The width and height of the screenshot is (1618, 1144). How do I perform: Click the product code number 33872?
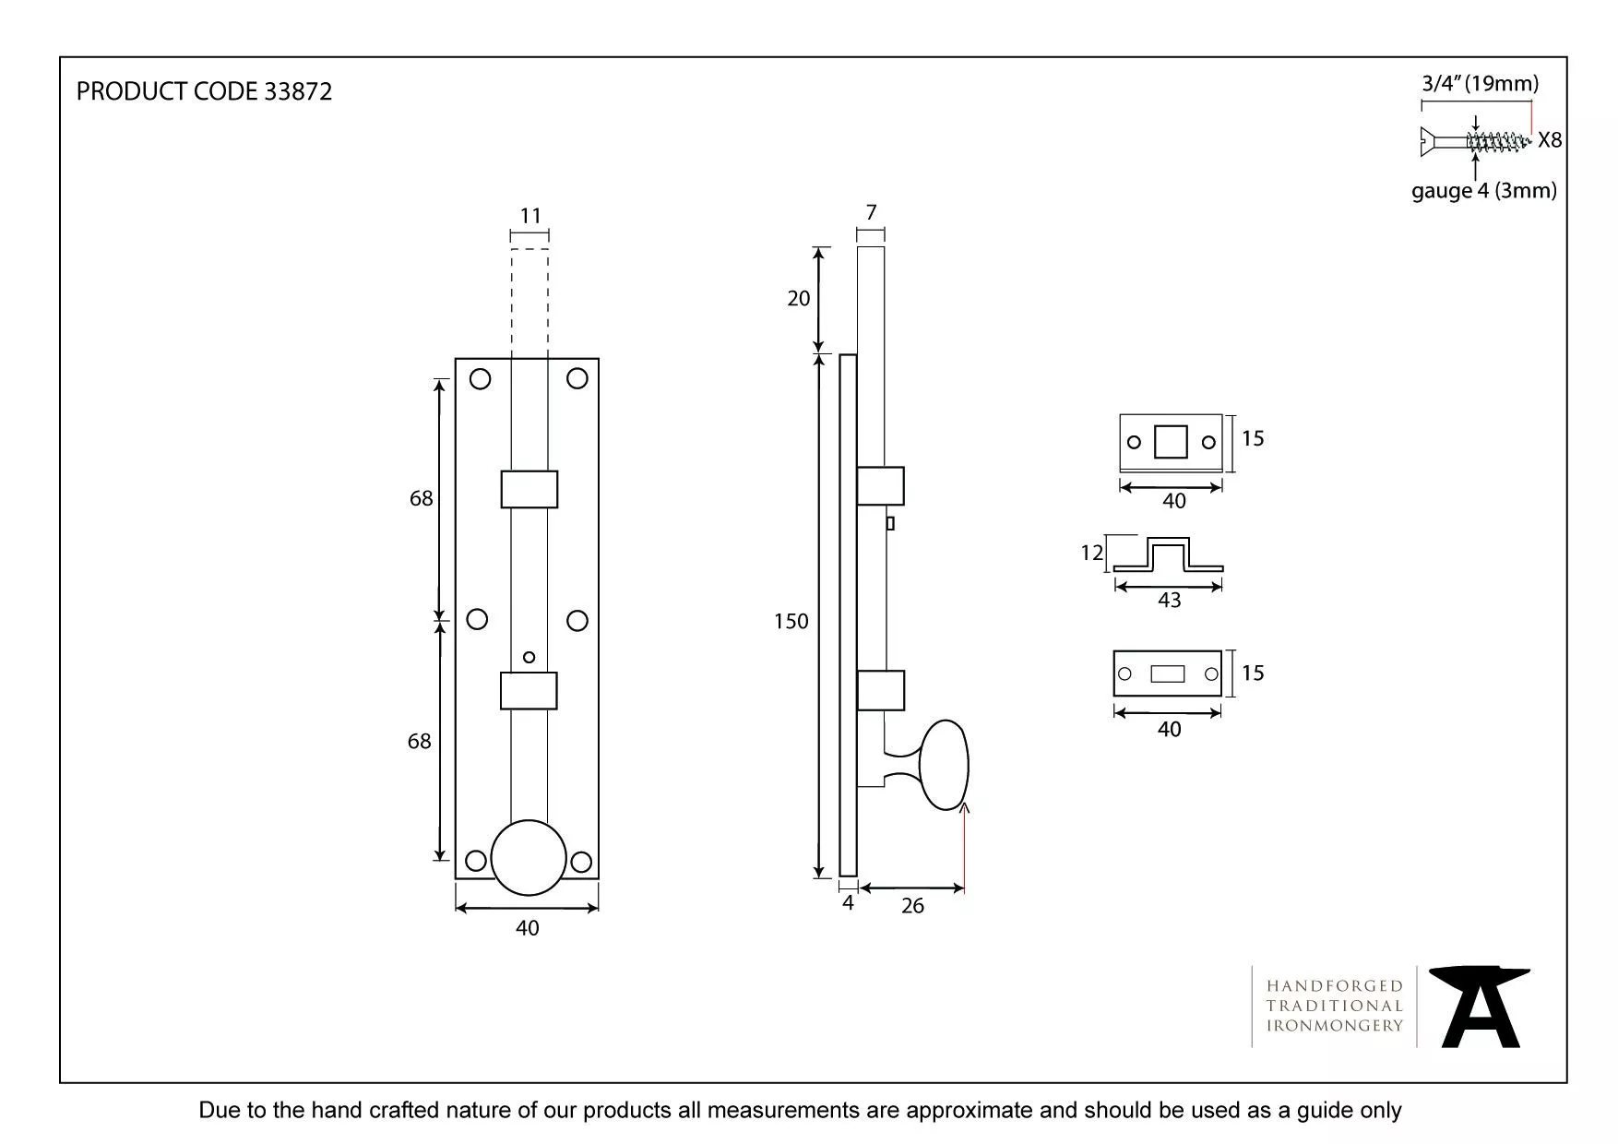pos(297,91)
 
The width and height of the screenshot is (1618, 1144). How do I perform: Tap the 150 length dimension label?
pos(791,622)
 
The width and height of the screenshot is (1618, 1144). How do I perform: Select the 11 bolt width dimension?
pos(529,216)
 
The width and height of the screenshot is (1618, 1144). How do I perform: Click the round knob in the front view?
pos(528,857)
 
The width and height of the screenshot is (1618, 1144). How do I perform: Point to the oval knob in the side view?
pos(944,765)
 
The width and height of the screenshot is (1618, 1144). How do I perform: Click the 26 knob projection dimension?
pos(912,906)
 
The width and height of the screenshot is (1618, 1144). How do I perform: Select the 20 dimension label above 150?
pos(799,298)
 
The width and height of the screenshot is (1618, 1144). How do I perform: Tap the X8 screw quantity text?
pos(1550,140)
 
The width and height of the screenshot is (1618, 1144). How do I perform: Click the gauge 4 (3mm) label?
pos(1483,191)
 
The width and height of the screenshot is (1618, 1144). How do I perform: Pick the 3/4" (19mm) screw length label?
pos(1480,84)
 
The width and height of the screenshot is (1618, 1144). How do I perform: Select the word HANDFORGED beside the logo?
pos(1334,986)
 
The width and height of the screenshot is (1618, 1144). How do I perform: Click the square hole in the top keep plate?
pos(1171,442)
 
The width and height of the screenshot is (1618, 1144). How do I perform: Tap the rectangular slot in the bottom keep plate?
pos(1167,674)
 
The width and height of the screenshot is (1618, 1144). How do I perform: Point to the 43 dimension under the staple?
pos(1169,601)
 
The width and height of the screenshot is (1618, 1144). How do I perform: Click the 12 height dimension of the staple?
pos(1091,553)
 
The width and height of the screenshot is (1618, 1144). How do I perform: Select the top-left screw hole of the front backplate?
pos(480,379)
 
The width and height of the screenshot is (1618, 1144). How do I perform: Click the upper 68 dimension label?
pos(421,499)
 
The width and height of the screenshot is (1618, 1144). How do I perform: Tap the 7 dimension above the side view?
pos(871,213)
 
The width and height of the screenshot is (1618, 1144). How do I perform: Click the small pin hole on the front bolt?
pos(529,658)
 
